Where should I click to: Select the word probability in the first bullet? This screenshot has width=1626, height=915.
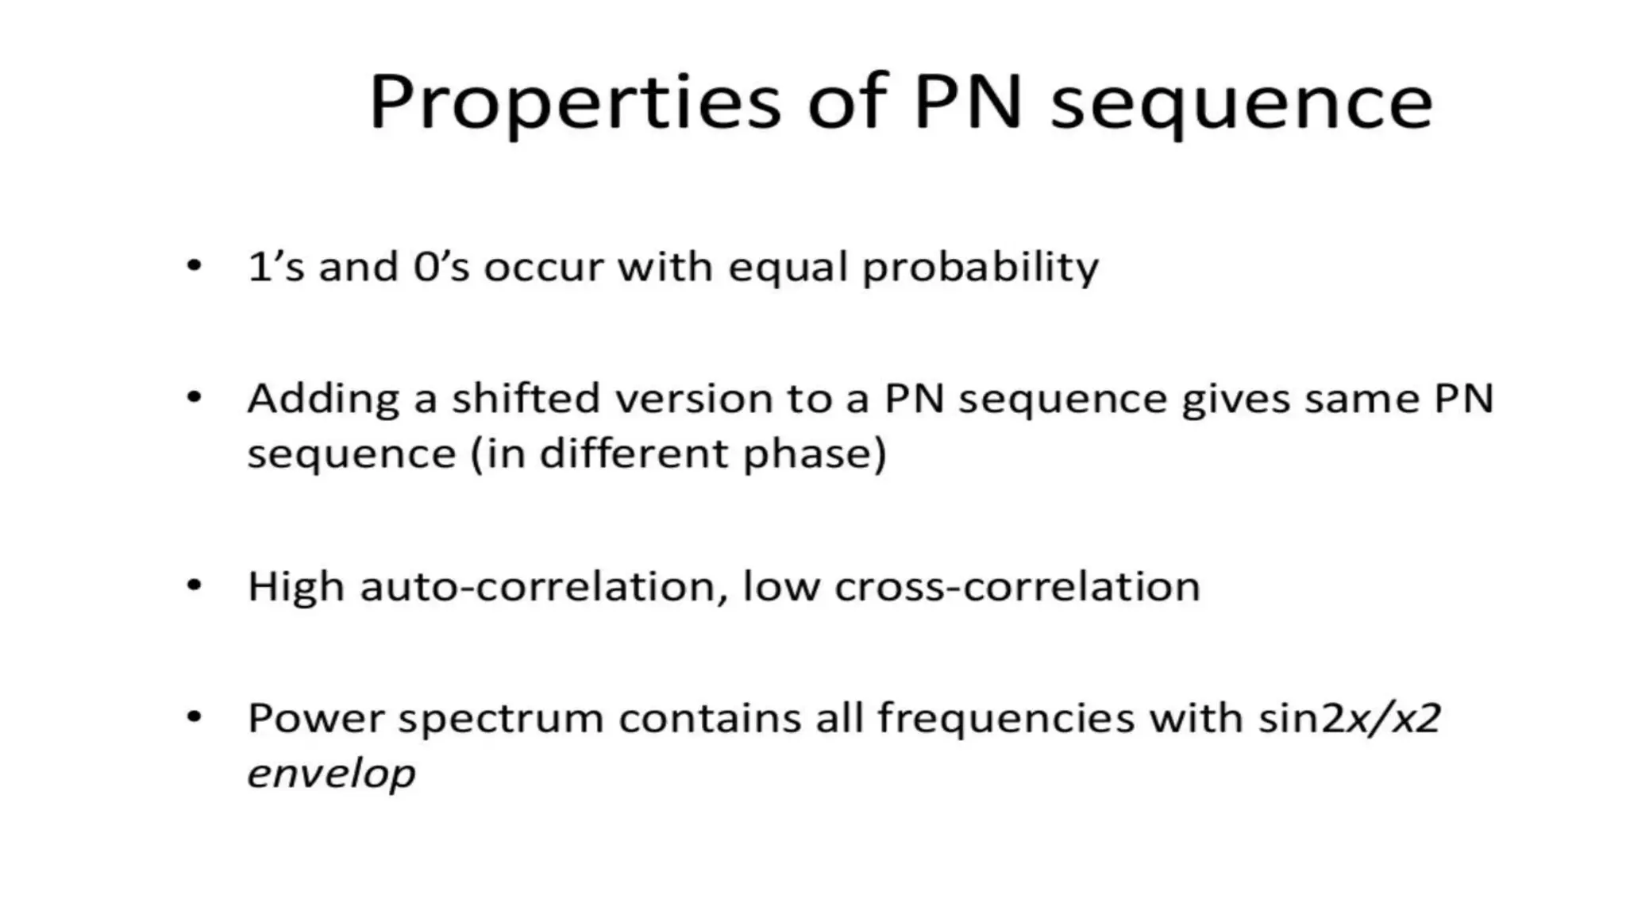click(981, 268)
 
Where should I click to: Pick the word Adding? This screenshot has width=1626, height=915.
click(323, 400)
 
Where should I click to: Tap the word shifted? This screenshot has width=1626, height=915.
click(526, 399)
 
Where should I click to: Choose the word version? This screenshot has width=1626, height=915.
click(694, 399)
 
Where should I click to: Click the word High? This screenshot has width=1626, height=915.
click(295, 589)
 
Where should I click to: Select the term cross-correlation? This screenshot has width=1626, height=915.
click(1017, 588)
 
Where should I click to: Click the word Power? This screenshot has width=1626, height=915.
click(315, 720)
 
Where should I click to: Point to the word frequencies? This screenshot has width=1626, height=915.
click(1006, 720)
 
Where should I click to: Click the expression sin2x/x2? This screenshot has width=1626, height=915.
click(1349, 720)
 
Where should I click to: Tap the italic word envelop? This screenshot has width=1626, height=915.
click(331, 774)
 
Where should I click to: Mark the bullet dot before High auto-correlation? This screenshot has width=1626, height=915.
click(195, 586)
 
